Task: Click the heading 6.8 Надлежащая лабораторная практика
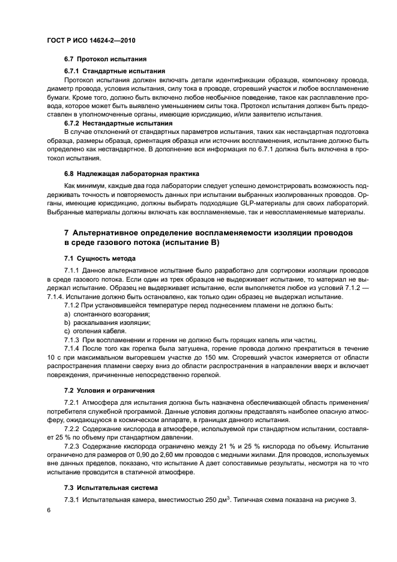coord(131,173)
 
